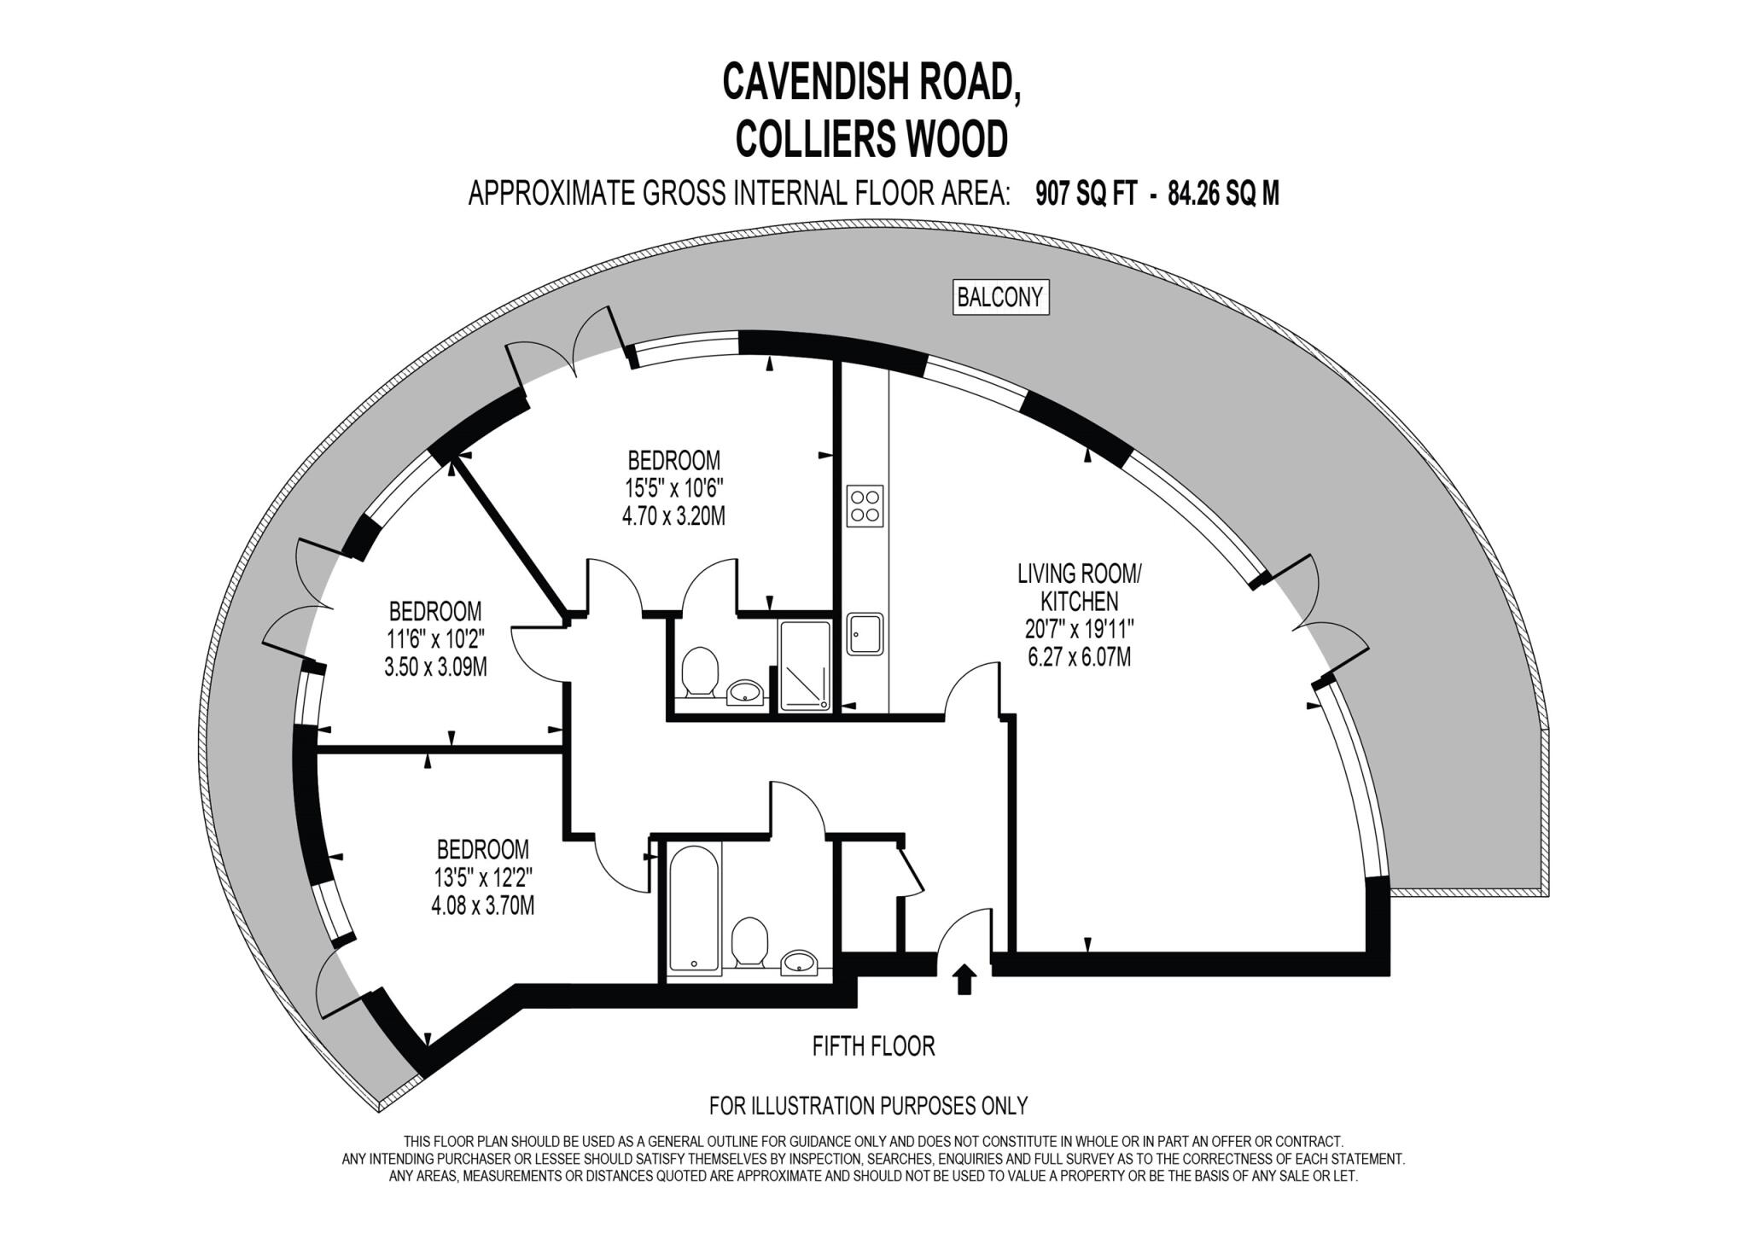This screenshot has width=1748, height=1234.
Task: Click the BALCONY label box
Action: coord(1000,297)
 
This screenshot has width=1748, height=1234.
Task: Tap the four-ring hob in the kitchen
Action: coord(865,505)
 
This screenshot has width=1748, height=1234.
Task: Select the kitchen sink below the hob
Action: coord(865,633)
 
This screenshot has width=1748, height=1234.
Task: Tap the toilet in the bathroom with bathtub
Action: coord(750,941)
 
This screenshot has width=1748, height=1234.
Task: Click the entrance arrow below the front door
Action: coord(964,979)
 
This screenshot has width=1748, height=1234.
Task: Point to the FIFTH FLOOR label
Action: coord(873,1045)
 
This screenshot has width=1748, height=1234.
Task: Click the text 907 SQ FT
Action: coord(1086,195)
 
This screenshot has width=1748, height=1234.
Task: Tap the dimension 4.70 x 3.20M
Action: coord(673,516)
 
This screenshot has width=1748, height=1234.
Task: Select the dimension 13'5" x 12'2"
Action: coord(482,877)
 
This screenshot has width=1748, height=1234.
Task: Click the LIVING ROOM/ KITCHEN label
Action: coord(1079,587)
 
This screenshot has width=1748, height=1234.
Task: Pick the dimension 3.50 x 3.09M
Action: coord(435,666)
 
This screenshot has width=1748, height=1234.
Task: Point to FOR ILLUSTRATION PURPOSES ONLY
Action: coord(868,1106)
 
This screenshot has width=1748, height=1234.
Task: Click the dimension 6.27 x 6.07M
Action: coord(1079,657)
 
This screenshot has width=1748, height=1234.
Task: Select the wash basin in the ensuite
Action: coord(746,693)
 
